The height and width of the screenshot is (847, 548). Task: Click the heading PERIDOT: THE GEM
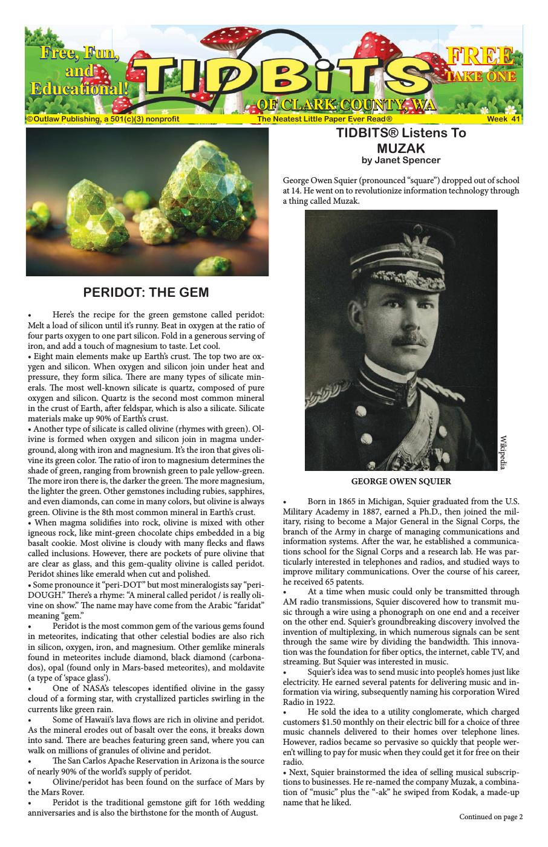pos(146,293)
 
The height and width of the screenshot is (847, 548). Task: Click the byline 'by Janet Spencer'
pos(401,160)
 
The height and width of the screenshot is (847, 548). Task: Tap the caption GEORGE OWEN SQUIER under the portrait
pos(401,482)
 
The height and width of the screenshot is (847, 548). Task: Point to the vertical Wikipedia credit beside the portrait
pos(503,452)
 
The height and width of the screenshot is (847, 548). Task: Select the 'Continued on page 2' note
pos(491,817)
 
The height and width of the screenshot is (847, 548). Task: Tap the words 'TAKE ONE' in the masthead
pos(480,76)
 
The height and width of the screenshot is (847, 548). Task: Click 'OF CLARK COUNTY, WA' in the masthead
pos(346,105)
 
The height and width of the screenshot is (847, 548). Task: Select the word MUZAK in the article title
pos(401,148)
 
